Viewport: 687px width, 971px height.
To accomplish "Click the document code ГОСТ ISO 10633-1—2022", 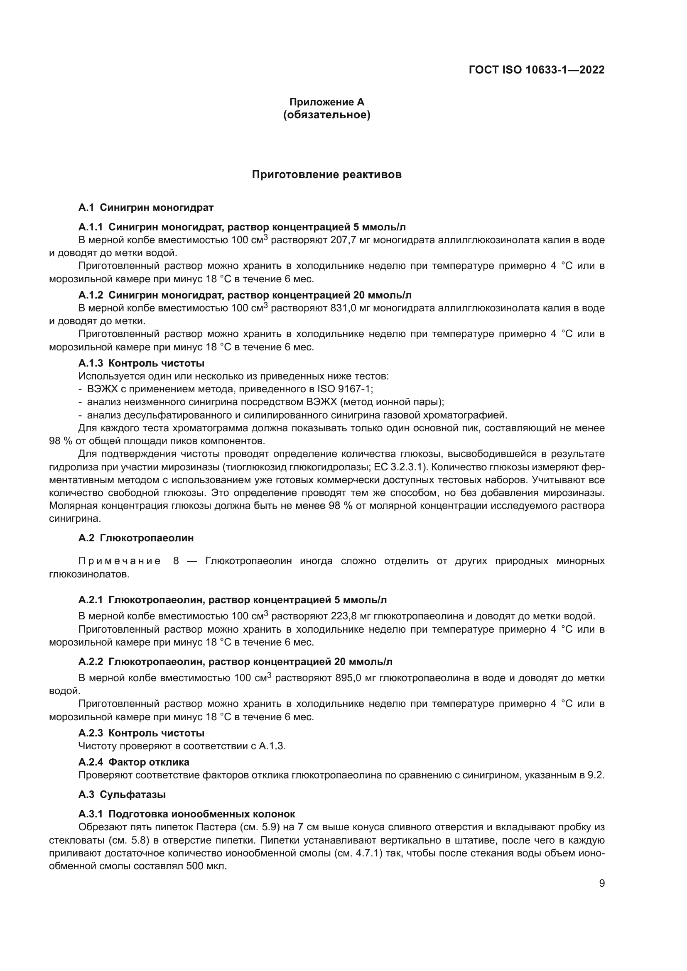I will click(536, 70).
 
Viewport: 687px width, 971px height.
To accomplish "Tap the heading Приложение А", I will click(326, 102).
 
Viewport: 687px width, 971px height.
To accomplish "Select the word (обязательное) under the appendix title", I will click(326, 115).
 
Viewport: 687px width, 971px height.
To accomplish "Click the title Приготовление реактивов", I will click(326, 175).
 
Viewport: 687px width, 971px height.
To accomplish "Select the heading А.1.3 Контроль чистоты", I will click(141, 363).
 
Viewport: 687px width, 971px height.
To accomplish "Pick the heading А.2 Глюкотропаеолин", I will click(136, 538).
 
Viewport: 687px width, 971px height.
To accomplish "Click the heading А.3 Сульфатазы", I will click(122, 795).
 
